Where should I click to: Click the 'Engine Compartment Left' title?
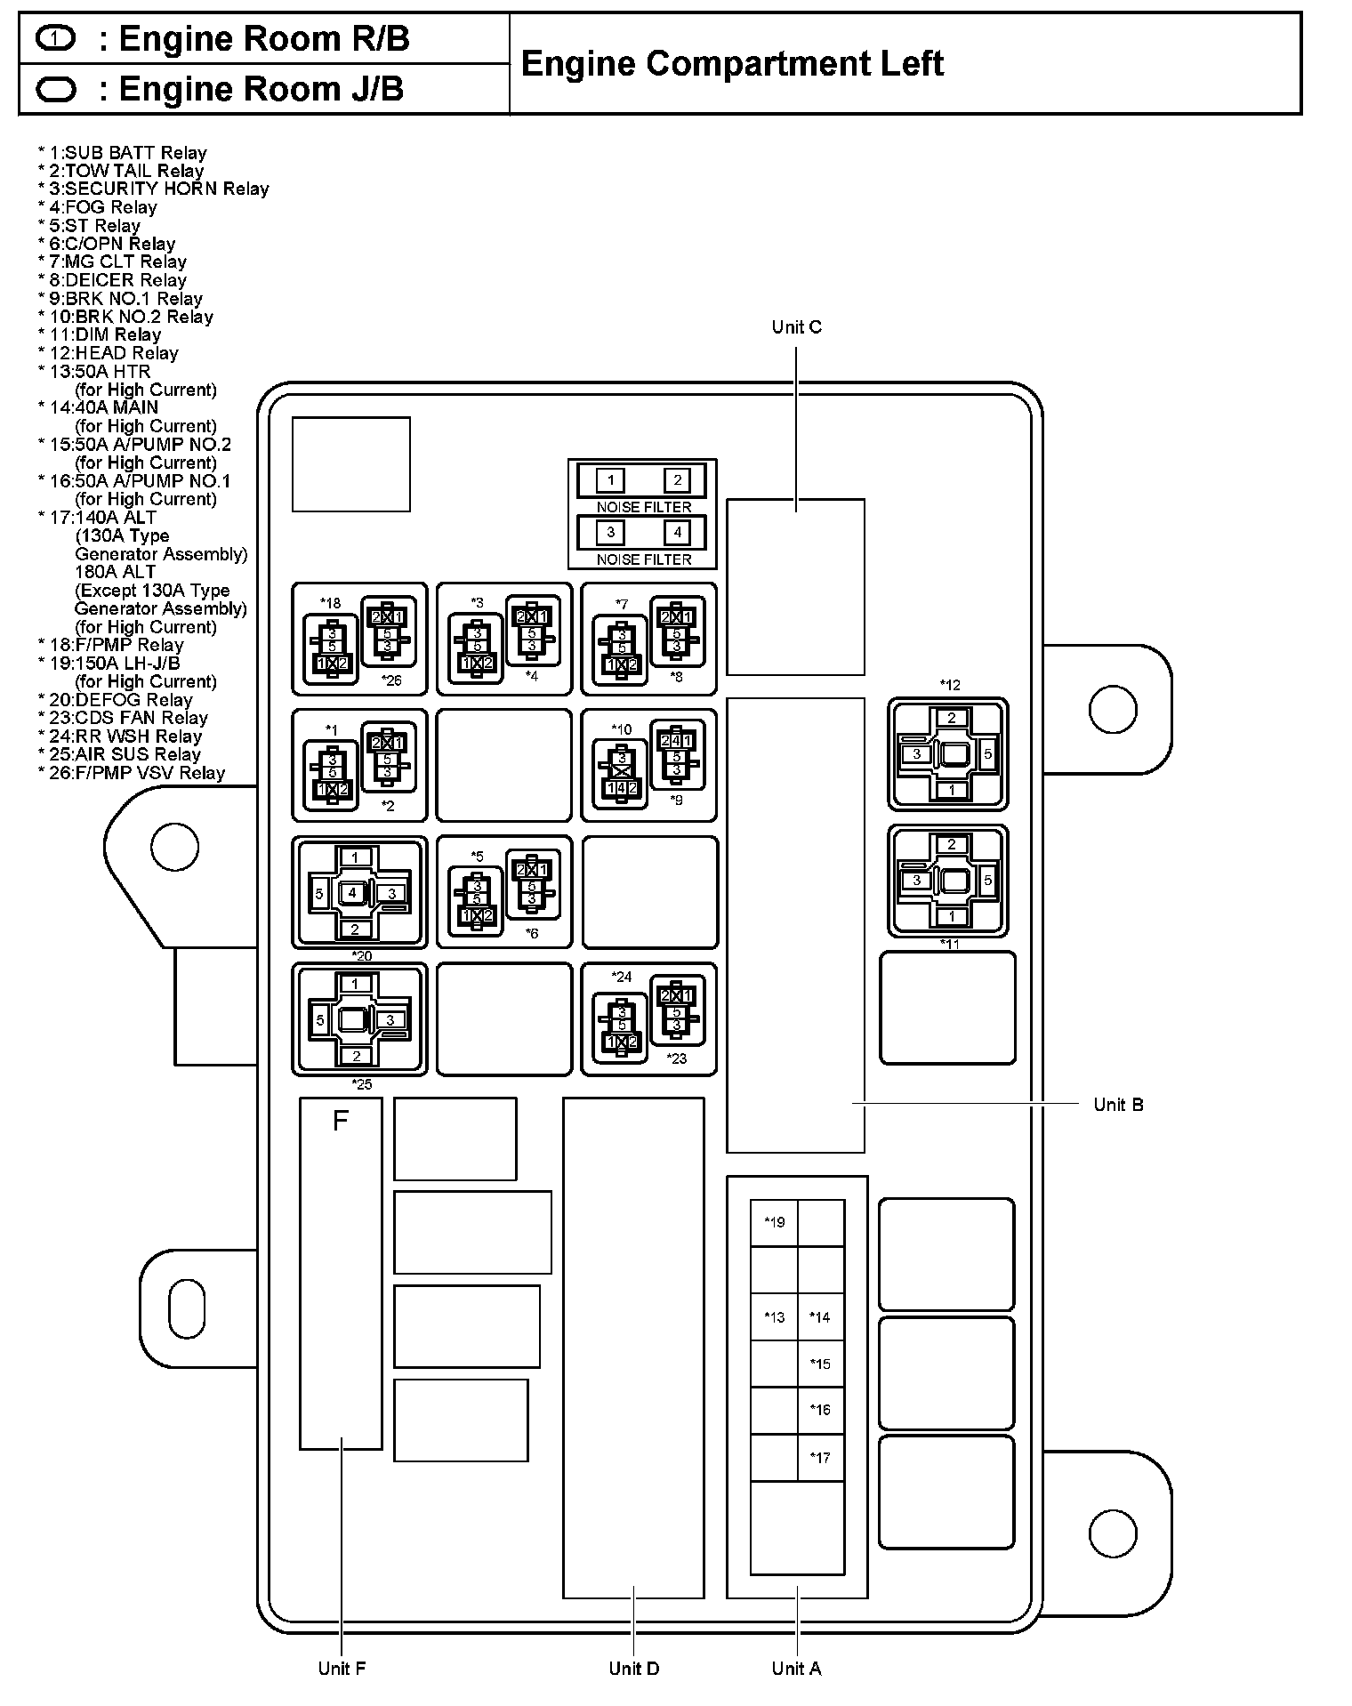tap(731, 64)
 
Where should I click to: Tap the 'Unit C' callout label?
tap(796, 327)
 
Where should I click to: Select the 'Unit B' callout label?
tap(1118, 1105)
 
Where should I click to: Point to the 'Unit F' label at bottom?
tap(342, 1669)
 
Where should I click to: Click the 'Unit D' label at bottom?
tap(633, 1669)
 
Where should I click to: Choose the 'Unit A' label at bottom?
tap(796, 1669)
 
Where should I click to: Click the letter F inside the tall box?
tap(340, 1122)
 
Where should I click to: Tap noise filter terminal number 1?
tap(610, 481)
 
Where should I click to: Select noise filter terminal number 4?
tap(677, 533)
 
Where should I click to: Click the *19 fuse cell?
tap(774, 1222)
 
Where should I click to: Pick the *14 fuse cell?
tap(820, 1317)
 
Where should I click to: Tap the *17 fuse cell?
tap(820, 1457)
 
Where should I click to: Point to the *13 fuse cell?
tap(774, 1317)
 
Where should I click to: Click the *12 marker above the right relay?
tap(950, 685)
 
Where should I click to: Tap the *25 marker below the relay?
tap(361, 1084)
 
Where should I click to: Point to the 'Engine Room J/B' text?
tap(261, 89)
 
